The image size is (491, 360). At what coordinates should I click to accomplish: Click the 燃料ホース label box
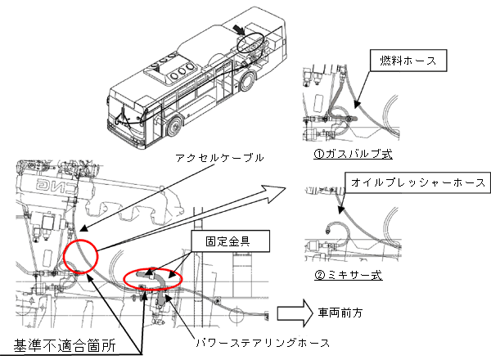tap(408, 61)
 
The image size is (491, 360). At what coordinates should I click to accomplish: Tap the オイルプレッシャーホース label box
tap(417, 182)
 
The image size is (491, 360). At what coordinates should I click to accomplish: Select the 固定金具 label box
tap(230, 241)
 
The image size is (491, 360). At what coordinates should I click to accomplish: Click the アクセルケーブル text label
tap(219, 157)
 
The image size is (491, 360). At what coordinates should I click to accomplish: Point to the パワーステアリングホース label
tap(263, 343)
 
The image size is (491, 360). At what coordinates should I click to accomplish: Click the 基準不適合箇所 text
tap(65, 345)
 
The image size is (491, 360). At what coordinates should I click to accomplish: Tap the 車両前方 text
tap(340, 313)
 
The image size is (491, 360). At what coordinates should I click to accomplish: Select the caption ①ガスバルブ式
tap(353, 154)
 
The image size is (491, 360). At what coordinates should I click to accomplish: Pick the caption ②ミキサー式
tap(349, 275)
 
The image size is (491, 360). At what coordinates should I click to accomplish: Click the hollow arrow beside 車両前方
tap(295, 313)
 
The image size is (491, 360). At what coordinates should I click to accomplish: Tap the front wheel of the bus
tap(174, 126)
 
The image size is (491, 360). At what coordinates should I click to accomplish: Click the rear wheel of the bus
tap(245, 81)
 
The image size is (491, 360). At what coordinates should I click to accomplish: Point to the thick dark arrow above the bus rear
tap(239, 30)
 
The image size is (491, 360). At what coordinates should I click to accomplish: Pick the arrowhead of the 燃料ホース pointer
tap(357, 105)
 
